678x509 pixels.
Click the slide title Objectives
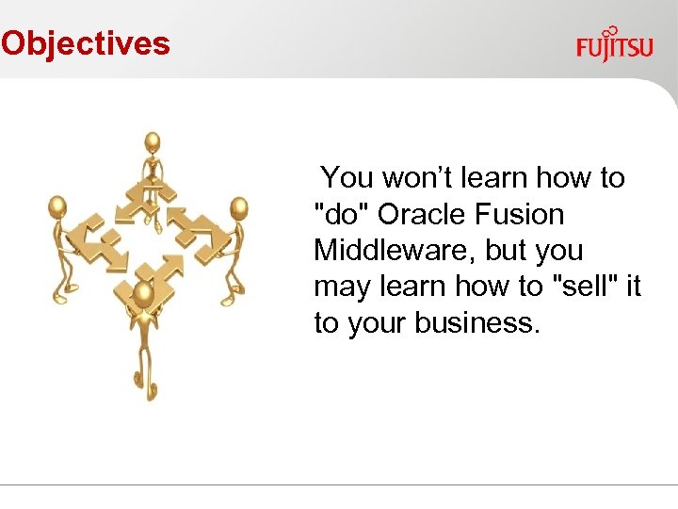85,43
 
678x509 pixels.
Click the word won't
418,178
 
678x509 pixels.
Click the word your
377,323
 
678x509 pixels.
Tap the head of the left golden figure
57,206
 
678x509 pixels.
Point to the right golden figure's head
239,207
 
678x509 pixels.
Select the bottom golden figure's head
144,294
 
